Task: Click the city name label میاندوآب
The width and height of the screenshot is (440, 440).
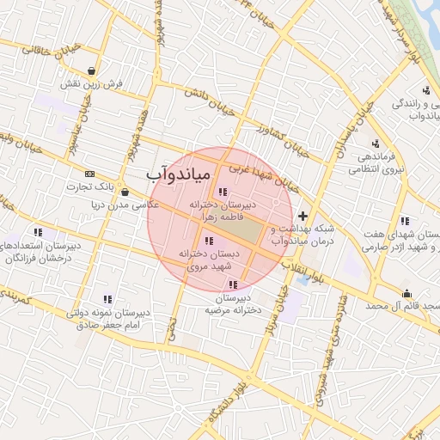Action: pyautogui.click(x=178, y=174)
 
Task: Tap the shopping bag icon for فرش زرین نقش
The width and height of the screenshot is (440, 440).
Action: pyautogui.click(x=92, y=71)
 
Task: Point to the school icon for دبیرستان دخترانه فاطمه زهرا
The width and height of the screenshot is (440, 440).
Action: pyautogui.click(x=223, y=192)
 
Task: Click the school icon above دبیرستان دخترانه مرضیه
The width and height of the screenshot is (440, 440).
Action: pyautogui.click(x=232, y=284)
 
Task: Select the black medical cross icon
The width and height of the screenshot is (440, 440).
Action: pyautogui.click(x=302, y=216)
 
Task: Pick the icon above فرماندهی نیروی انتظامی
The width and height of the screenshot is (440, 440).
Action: pyautogui.click(x=375, y=144)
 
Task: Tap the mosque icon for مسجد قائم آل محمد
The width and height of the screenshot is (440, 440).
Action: pyautogui.click(x=406, y=293)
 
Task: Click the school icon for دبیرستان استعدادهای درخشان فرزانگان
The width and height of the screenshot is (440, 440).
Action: pyautogui.click(x=38, y=232)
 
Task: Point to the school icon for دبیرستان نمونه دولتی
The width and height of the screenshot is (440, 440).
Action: pyautogui.click(x=107, y=299)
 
